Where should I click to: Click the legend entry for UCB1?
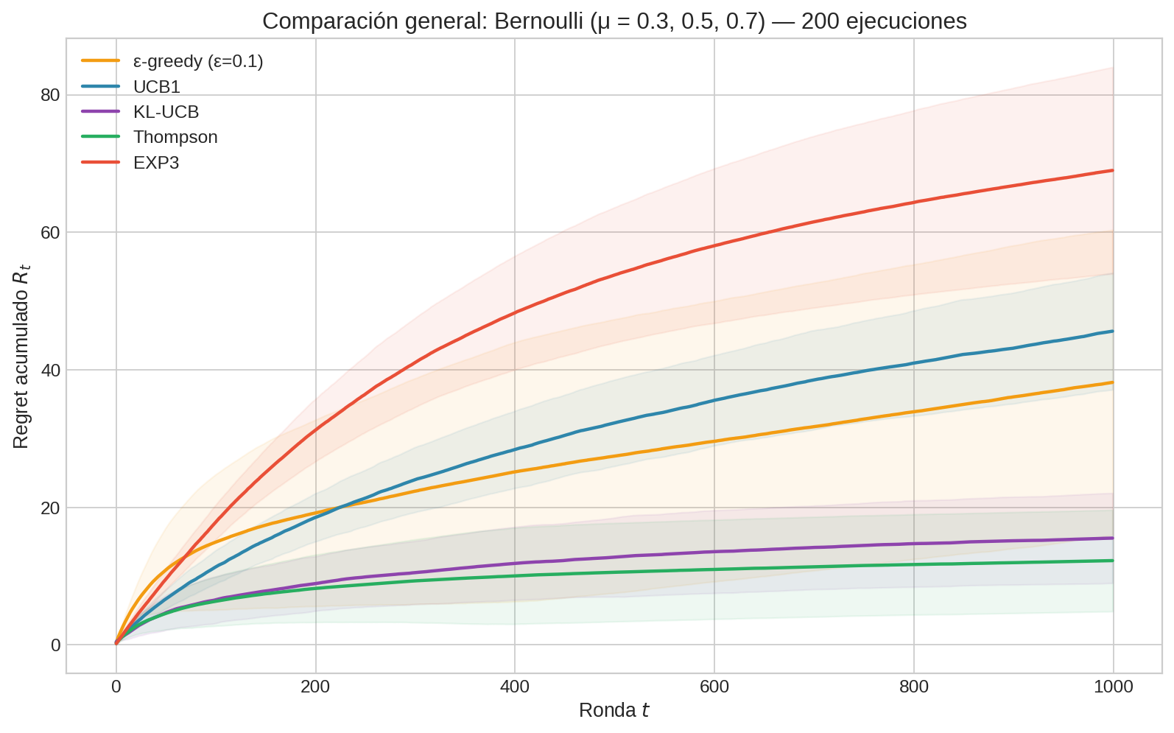tap(156, 87)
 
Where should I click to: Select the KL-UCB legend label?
tap(166, 112)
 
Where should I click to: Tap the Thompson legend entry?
tap(175, 137)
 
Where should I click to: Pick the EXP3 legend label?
tap(156, 163)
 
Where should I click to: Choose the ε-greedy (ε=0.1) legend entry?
tap(197, 61)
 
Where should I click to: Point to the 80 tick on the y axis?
tap(50, 95)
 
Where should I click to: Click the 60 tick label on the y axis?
tap(50, 232)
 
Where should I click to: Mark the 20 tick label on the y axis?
tap(50, 508)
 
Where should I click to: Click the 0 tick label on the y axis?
tap(55, 645)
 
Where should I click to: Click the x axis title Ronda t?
tap(614, 711)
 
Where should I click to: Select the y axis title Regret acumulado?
tap(21, 360)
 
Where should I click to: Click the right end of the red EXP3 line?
tap(1112, 170)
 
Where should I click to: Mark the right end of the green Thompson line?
tap(1112, 561)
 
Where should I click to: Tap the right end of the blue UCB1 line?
tap(1112, 332)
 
